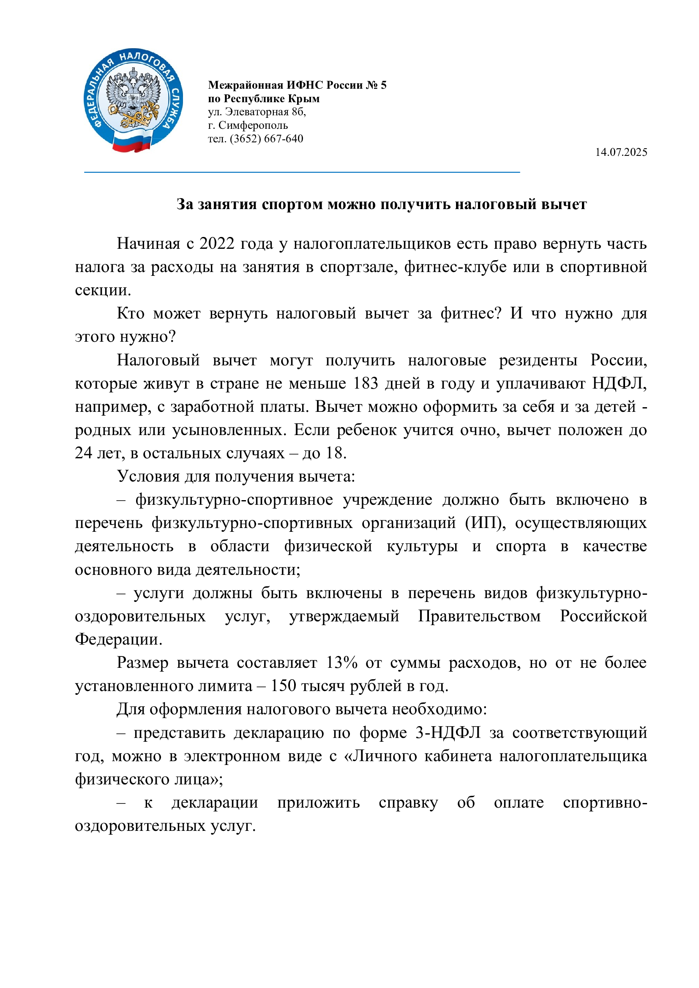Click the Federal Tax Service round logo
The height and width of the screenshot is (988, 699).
(133, 99)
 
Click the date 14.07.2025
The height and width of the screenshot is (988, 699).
(621, 152)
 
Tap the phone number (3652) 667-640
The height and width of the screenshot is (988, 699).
(266, 139)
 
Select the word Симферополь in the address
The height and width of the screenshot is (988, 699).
(253, 125)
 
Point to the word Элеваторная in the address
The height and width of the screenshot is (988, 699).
(257, 112)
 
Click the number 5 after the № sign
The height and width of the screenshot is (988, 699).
(383, 85)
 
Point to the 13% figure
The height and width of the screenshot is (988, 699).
(342, 663)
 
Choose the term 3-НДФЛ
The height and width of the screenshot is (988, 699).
(448, 733)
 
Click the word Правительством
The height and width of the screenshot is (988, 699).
(479, 616)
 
